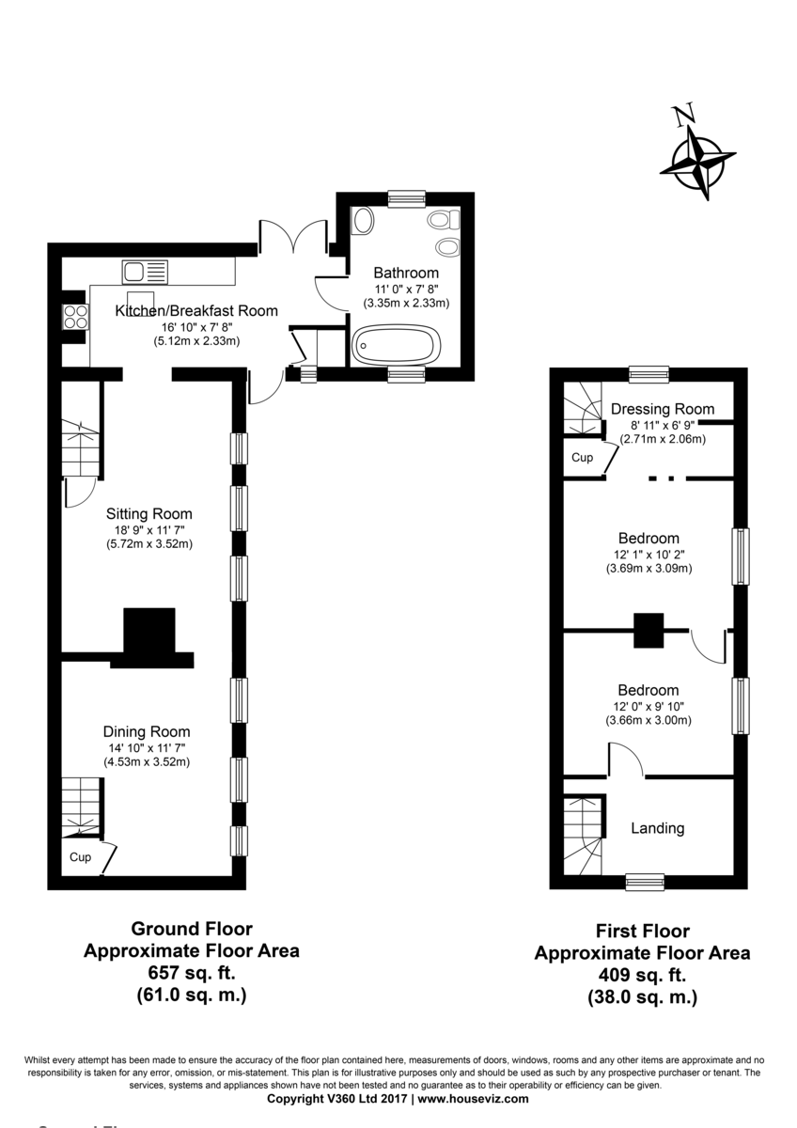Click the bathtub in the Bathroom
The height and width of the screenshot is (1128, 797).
[396, 344]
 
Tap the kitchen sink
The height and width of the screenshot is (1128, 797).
[145, 272]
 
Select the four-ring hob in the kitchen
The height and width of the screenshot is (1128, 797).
[75, 317]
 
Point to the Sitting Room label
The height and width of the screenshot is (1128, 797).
[149, 513]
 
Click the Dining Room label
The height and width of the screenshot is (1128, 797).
[147, 731]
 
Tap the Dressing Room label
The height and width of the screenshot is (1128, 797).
[663, 409]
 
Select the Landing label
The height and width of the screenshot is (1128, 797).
[658, 828]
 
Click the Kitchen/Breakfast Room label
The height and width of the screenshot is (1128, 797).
[196, 311]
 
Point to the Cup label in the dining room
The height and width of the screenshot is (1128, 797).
[80, 856]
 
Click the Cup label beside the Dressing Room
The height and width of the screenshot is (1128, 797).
[582, 457]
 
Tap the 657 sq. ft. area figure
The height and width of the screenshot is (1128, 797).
[192, 972]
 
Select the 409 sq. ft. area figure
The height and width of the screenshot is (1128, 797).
[642, 975]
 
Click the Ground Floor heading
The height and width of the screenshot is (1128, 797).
[192, 928]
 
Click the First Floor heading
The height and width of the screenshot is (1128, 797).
[643, 931]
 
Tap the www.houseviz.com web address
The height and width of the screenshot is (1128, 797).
[474, 1098]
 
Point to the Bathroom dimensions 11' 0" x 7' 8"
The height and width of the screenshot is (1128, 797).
[406, 290]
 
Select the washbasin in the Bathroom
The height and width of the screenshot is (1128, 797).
[363, 221]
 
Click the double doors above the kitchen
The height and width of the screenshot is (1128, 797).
[293, 236]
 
